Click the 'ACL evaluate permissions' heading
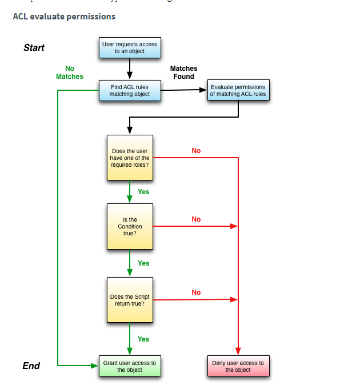64,17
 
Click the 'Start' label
34,48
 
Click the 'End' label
31,366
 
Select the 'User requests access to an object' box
130,47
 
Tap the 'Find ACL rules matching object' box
130,90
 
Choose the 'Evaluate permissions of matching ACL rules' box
238,91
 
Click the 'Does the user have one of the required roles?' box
130,158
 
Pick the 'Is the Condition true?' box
130,226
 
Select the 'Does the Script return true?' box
130,300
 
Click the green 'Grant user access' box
130,366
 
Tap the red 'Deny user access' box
238,366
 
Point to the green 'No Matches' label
70,73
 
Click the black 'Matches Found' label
184,73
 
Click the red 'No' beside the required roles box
196,151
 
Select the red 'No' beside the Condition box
196,219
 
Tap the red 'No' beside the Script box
196,292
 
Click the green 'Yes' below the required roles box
143,192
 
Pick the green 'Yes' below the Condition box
143,263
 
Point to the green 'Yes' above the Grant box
143,339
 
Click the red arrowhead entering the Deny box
238,351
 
